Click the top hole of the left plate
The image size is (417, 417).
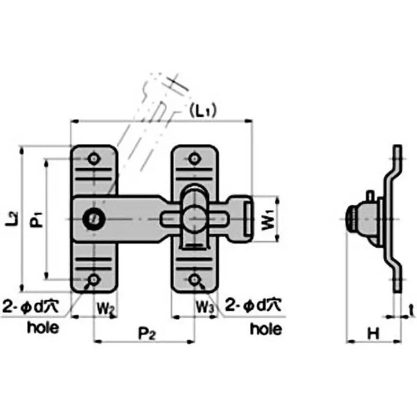[94, 158]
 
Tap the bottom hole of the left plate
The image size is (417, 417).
[94, 279]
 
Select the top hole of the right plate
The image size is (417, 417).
[194, 158]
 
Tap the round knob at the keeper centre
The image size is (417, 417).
[194, 217]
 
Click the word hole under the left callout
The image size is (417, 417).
[43, 328]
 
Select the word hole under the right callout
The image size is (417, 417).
[266, 329]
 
